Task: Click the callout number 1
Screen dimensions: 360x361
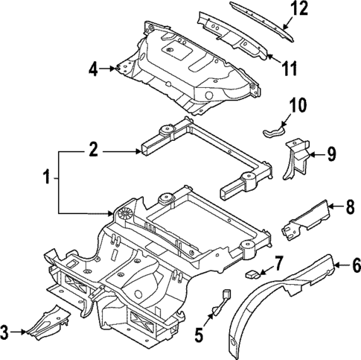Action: tap(46, 180)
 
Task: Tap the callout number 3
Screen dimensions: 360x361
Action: tap(7, 331)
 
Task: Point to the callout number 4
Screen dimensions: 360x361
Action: tap(93, 69)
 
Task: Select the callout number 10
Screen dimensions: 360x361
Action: tap(297, 107)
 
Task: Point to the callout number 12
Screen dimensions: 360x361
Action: tap(319, 10)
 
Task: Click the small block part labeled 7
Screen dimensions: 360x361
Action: tap(252, 274)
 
